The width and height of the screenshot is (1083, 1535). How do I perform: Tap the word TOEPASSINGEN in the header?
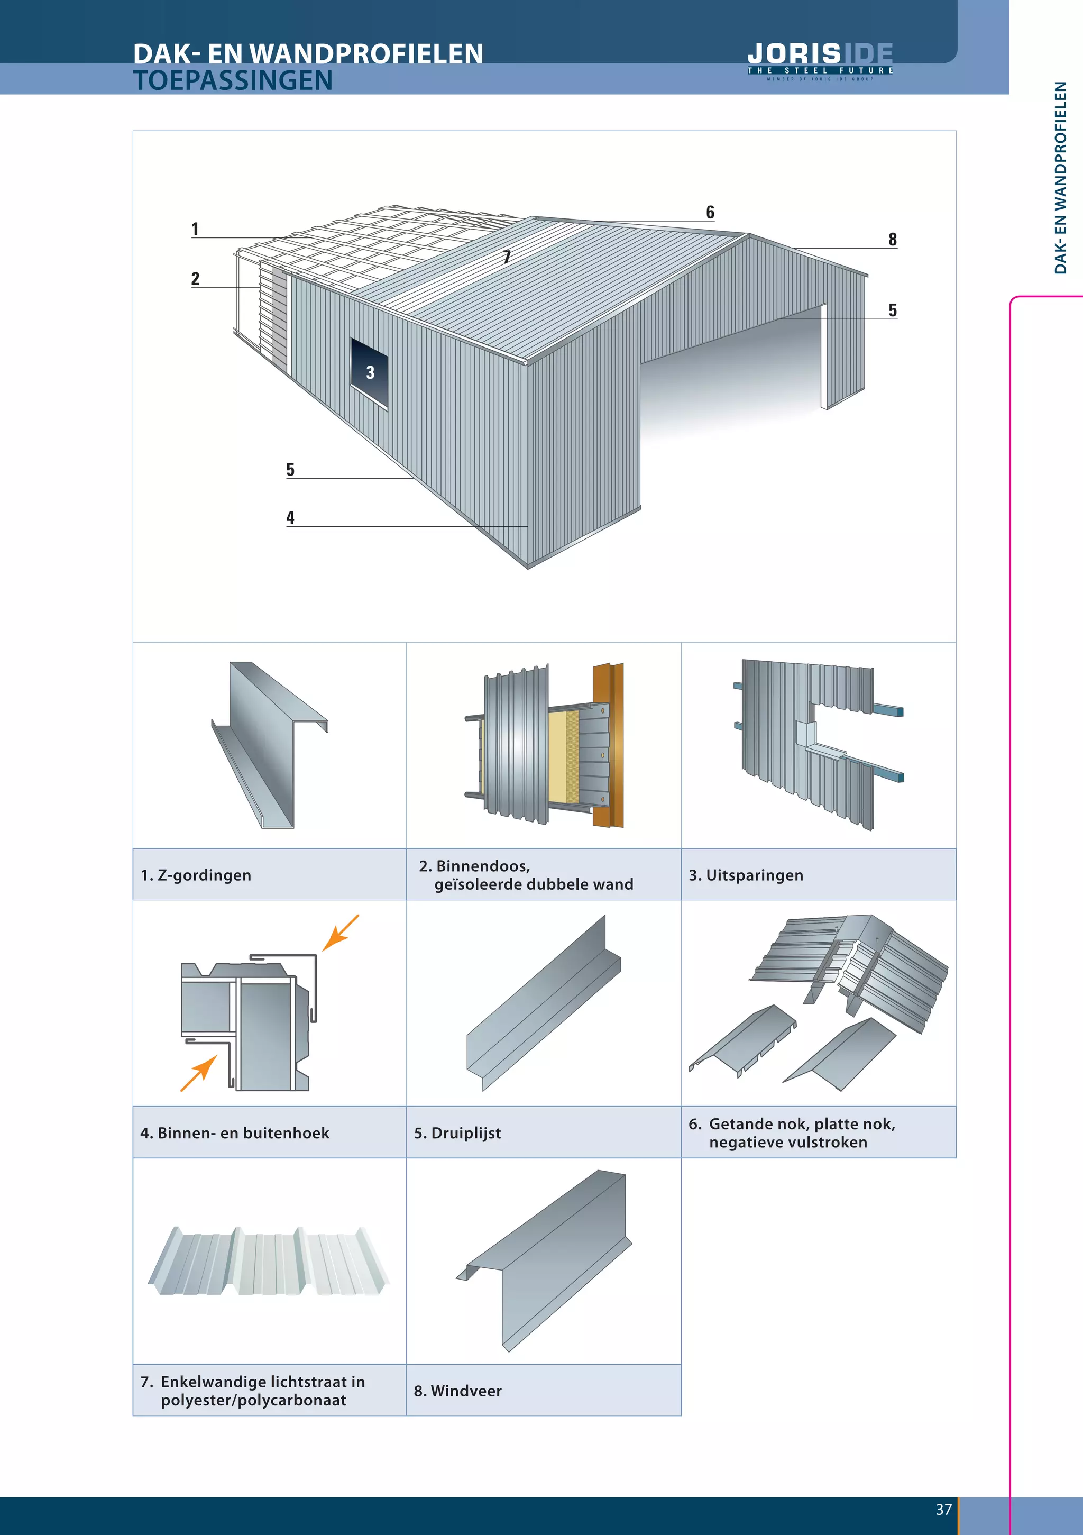233,80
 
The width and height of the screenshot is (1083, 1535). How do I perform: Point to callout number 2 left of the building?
195,279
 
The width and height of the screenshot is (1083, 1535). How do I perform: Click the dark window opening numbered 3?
370,372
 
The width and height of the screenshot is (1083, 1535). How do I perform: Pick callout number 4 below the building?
290,517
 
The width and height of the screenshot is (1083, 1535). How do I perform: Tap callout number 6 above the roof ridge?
710,213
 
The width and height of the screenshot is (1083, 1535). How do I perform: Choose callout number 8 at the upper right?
893,239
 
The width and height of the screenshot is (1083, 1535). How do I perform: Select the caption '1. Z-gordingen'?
196,875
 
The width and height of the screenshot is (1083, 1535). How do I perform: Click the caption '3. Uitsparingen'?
746,875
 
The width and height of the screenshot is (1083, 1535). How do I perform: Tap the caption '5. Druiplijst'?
457,1133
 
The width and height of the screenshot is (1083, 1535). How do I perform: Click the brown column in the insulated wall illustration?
608,745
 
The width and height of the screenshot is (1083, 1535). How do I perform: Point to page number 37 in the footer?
943,1510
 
